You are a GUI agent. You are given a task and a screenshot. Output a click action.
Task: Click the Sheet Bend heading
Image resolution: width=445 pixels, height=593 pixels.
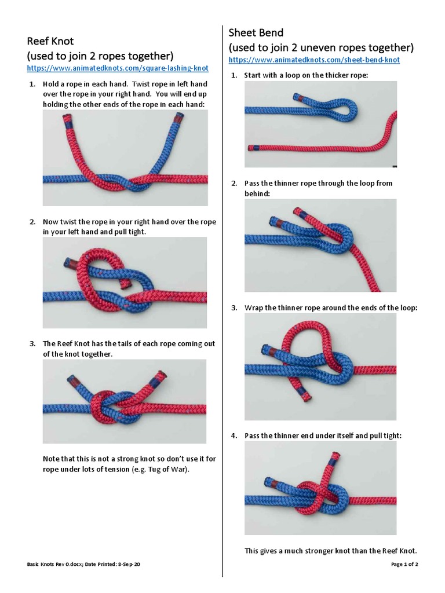click(256, 32)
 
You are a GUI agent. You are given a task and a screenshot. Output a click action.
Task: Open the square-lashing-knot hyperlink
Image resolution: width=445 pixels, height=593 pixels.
click(118, 68)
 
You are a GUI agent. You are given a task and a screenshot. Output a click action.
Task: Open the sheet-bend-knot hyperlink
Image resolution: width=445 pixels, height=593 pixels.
click(314, 60)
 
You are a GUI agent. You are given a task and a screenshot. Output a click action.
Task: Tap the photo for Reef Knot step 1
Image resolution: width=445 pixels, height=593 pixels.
click(125, 158)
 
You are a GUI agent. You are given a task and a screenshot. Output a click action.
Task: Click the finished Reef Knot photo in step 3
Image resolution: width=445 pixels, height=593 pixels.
click(125, 401)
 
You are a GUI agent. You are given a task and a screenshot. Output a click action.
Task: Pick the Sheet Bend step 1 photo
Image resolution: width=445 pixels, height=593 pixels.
click(320, 124)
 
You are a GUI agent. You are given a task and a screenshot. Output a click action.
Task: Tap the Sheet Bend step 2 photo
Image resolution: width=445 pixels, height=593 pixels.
click(320, 245)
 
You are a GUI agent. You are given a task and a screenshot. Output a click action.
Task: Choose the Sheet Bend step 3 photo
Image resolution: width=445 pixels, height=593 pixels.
click(320, 367)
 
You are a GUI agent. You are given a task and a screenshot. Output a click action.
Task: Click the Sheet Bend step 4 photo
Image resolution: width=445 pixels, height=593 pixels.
click(320, 488)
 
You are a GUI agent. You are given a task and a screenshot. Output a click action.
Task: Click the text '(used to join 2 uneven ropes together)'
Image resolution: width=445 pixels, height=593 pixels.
click(321, 47)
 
